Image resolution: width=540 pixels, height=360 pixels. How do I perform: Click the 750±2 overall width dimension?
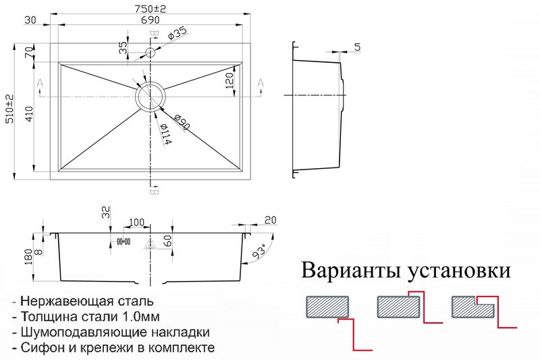pos(150,9)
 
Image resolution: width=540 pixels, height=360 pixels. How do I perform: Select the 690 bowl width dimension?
pos(151,20)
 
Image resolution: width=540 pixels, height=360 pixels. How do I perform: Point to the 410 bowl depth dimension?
pos(29,114)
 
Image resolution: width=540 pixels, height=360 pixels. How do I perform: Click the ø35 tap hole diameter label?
pos(177,33)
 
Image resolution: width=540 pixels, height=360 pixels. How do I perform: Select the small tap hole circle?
pos(151,53)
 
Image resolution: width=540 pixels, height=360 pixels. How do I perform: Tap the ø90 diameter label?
pos(182,122)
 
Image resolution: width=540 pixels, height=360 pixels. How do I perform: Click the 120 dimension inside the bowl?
pos(230,80)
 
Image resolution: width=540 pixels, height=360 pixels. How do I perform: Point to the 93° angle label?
pos(259,251)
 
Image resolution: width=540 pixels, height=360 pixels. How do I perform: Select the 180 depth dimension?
pos(29,257)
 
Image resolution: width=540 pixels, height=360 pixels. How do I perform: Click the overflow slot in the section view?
pos(124,242)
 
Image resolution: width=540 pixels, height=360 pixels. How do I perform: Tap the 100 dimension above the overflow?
pos(136,222)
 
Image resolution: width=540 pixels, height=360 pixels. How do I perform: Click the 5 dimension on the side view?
pos(358,47)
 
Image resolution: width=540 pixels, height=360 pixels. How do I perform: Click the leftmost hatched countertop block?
pos(327,307)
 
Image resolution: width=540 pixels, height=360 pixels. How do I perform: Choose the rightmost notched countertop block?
pos(473,307)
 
